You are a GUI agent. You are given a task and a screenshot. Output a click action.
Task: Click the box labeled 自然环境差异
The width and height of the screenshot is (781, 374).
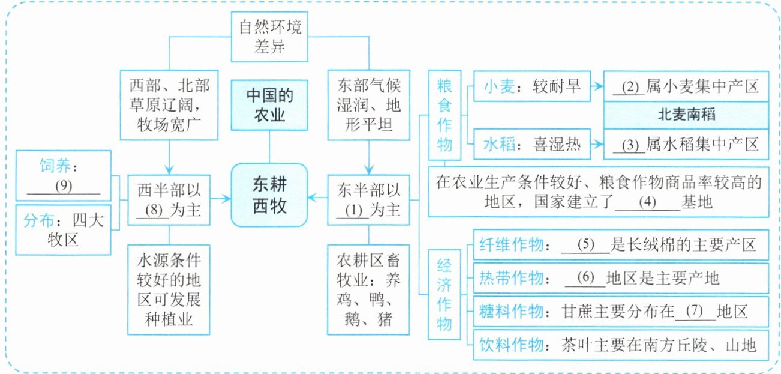[269, 37]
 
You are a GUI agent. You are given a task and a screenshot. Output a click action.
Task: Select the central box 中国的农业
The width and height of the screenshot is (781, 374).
[269, 106]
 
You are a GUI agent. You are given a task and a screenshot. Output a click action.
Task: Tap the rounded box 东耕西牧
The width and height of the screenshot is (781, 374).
[269, 195]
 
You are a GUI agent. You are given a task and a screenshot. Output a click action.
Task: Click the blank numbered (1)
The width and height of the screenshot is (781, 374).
[353, 211]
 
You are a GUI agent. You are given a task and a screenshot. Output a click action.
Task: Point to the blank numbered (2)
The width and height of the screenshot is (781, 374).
[629, 87]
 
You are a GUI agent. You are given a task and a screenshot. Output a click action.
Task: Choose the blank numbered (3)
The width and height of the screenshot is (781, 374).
[629, 145]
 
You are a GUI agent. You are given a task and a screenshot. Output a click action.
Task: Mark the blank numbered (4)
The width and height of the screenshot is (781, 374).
[647, 202]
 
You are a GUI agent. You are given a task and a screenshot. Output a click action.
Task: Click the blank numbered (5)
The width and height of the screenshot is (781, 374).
[585, 244]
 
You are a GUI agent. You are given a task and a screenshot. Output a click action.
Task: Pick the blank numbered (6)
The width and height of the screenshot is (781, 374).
[585, 278]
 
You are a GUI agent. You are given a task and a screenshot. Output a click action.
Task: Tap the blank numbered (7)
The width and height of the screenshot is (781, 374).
[695, 312]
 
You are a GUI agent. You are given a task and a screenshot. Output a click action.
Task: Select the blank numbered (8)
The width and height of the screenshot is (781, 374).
[153, 210]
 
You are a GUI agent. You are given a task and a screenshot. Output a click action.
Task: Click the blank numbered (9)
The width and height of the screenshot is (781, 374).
[64, 186]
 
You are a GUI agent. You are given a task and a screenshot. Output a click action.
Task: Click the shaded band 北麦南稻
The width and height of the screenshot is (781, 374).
[686, 115]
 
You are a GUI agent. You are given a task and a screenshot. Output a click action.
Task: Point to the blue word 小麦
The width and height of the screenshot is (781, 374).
[500, 86]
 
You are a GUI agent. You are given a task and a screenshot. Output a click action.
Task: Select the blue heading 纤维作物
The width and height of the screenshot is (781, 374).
[512, 244]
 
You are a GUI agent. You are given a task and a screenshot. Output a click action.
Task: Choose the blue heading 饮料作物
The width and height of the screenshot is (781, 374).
[512, 345]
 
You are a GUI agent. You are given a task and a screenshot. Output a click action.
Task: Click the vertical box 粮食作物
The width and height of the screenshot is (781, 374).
[444, 115]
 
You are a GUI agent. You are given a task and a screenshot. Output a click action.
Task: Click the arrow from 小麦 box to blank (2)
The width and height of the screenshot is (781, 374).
[597, 86]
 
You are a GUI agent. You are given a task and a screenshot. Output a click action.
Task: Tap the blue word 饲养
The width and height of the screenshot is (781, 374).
[55, 166]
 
